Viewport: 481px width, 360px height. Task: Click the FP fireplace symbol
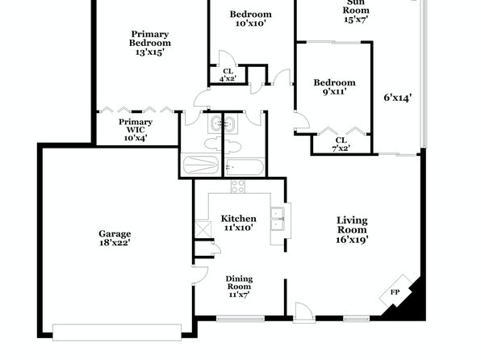(x=395, y=291)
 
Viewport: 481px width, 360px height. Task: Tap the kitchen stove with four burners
(x=238, y=186)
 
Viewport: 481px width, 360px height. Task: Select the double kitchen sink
(x=278, y=219)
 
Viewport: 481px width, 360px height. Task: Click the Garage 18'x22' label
(x=115, y=238)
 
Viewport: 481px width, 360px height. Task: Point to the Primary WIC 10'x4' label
(x=136, y=130)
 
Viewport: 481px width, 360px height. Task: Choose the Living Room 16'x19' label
(x=352, y=230)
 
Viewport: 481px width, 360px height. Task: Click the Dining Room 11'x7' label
(x=239, y=287)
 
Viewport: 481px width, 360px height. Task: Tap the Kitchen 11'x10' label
(x=239, y=223)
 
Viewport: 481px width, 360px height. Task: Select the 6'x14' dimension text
(x=398, y=98)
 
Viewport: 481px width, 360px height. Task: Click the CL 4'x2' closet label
(x=228, y=75)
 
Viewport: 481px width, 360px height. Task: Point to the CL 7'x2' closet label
(x=341, y=144)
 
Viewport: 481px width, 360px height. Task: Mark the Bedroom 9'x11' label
(x=334, y=87)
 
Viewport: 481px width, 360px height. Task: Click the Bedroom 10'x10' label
(x=251, y=19)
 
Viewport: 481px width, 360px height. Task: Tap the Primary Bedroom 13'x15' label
(x=149, y=43)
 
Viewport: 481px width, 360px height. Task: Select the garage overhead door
(x=117, y=333)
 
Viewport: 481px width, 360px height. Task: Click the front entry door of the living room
(x=304, y=313)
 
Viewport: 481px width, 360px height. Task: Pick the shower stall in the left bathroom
(x=201, y=165)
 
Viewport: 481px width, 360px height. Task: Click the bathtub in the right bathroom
(x=245, y=167)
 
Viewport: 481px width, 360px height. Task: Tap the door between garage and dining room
(x=199, y=275)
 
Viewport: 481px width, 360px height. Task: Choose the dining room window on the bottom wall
(x=240, y=319)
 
